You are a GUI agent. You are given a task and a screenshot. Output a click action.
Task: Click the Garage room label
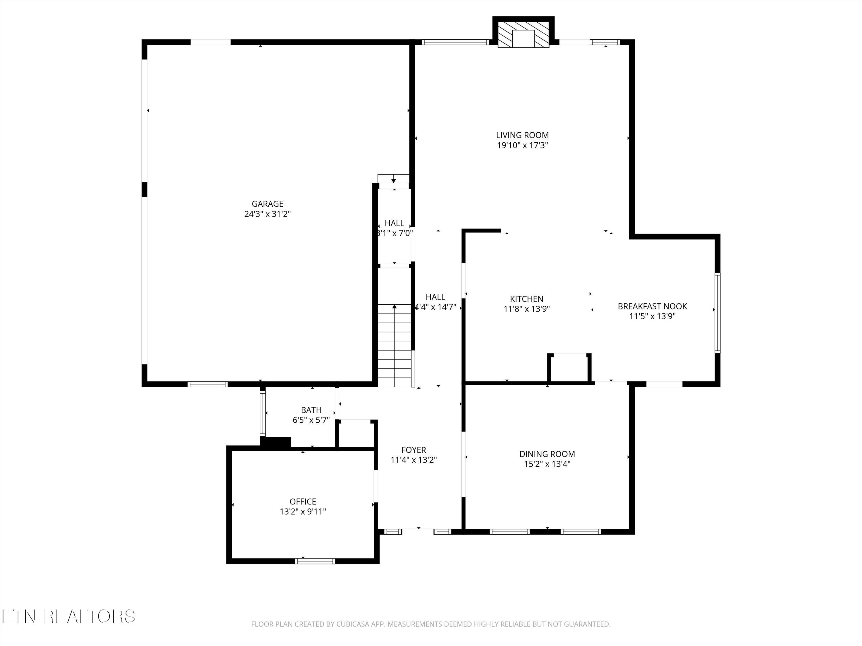267,204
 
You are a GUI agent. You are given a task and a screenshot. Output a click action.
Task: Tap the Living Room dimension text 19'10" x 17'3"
522,146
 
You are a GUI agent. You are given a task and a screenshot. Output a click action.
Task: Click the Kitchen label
526,299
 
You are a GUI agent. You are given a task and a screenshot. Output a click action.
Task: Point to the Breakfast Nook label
652,306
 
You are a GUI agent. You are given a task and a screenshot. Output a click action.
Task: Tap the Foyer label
413,450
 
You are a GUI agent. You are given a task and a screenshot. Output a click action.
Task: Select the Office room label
303,502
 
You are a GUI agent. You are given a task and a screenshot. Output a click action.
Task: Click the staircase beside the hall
395,347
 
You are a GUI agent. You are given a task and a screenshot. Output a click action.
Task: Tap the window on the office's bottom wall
315,561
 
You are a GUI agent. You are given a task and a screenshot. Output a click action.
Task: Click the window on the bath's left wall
263,413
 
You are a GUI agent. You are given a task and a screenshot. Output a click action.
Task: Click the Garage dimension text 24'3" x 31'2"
267,214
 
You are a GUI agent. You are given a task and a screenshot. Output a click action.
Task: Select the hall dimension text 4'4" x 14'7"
435,307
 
